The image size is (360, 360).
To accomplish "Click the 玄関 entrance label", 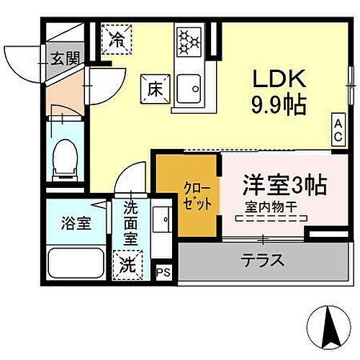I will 64,58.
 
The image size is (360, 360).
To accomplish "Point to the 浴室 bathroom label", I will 75,222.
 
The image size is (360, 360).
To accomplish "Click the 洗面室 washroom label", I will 130,222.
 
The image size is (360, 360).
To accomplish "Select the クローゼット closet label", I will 197,195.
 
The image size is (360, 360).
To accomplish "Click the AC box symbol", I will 337,130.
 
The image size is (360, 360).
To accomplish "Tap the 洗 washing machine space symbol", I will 127,264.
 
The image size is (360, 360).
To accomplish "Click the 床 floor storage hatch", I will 154,89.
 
